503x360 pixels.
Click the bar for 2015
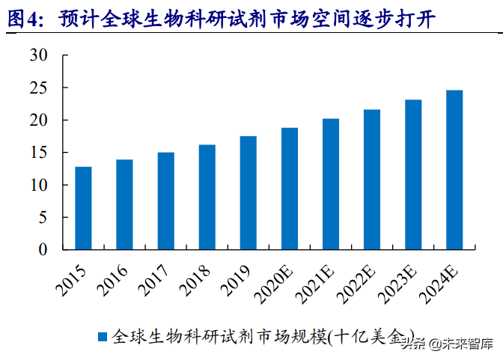point(83,208)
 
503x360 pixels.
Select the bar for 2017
point(165,201)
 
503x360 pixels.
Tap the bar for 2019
point(249,192)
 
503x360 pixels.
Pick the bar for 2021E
point(331,184)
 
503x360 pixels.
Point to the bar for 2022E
point(372,180)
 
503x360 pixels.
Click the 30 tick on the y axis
point(39,55)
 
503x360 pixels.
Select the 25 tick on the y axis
point(39,88)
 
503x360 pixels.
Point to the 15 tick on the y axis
point(39,153)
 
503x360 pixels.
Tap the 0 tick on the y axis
point(43,250)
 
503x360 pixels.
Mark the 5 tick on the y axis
point(43,218)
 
